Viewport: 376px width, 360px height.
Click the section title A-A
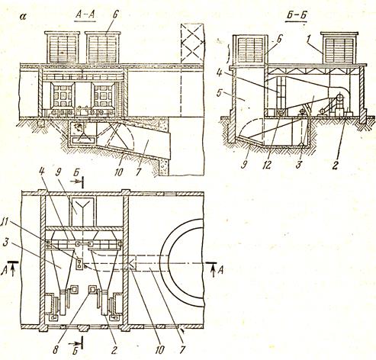tap(85, 15)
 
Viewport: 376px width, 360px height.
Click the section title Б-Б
tap(296, 16)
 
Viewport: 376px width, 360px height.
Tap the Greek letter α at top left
tap(24, 17)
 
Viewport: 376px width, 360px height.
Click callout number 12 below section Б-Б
tap(268, 165)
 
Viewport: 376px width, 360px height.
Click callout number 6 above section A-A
tap(115, 15)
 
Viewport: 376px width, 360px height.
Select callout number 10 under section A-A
tap(118, 172)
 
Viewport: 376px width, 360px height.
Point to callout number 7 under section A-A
tap(139, 172)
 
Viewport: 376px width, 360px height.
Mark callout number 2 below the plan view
tap(114, 350)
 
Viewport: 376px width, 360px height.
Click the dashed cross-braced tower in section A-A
tap(192, 44)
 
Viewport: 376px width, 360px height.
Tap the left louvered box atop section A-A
tap(63, 47)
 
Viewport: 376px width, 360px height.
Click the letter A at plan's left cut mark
tap(4, 272)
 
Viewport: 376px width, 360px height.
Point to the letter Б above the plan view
tap(76, 176)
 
